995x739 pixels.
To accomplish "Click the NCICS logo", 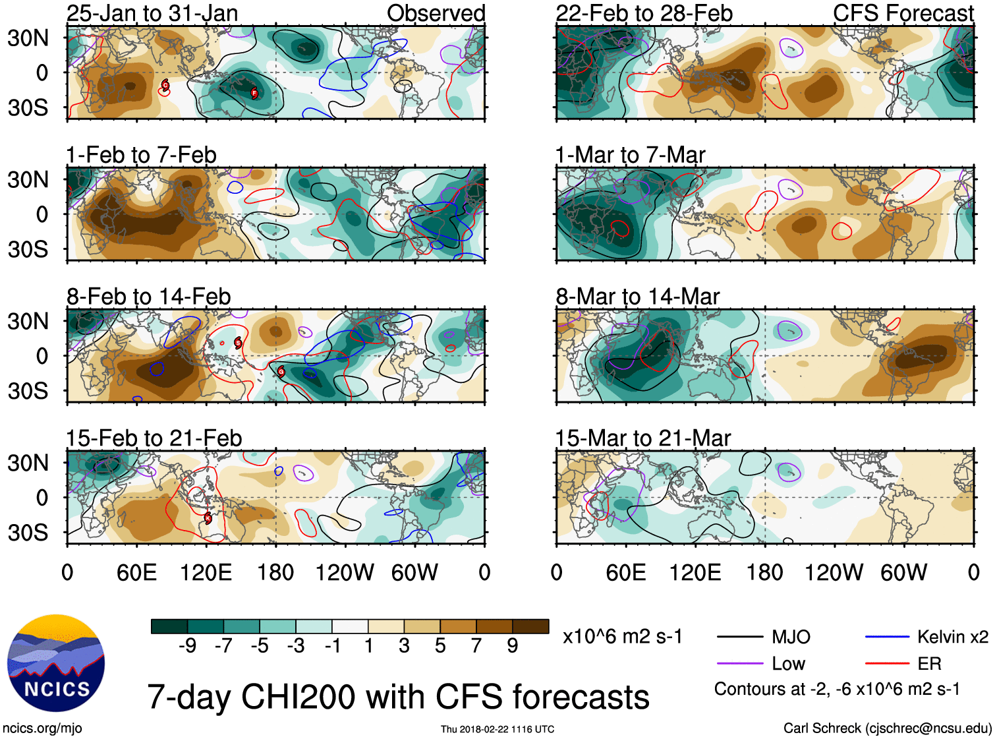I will [x=56, y=663].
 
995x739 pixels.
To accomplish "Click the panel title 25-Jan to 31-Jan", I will [x=152, y=13].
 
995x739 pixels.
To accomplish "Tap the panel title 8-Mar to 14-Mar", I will [x=637, y=297].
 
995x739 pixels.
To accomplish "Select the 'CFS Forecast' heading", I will [x=903, y=13].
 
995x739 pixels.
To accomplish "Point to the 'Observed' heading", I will [x=436, y=13].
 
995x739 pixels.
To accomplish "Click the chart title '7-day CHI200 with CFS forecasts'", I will [x=398, y=697].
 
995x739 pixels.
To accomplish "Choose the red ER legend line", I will [x=887, y=664].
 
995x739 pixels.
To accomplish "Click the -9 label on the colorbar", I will [x=187, y=646].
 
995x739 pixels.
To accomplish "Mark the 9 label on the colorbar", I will [x=512, y=646].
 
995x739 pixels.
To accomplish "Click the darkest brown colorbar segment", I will [x=530, y=626].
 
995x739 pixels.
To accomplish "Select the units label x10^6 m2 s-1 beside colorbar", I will [x=623, y=637].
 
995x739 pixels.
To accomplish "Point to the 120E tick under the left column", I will [x=206, y=572].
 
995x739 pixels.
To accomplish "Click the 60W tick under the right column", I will [x=903, y=572].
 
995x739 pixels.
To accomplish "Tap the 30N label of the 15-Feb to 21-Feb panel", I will [x=28, y=463].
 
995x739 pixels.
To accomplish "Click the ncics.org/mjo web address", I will [x=42, y=728].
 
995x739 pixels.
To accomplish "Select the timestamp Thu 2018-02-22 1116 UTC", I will [x=497, y=729].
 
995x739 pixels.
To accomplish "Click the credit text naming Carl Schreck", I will [x=887, y=728].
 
